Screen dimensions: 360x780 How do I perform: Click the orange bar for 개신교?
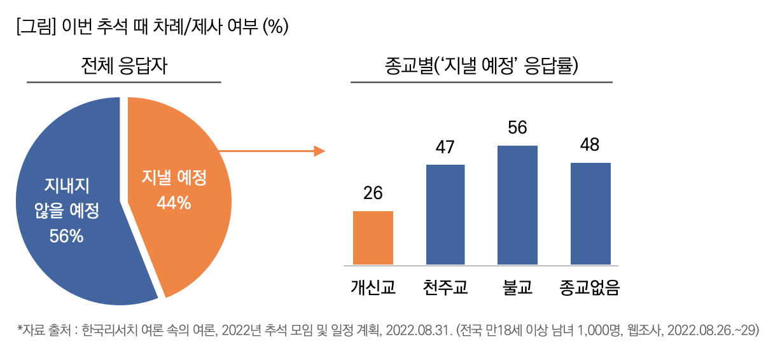click(373, 237)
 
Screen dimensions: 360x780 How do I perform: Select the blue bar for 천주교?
click(445, 214)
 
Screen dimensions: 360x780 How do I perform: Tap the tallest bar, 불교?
click(517, 205)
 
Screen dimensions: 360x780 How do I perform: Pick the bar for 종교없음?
click(590, 213)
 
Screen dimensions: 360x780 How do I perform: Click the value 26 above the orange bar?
click(373, 193)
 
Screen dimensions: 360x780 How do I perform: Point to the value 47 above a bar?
click(445, 147)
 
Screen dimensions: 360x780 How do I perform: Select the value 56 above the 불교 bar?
click(517, 128)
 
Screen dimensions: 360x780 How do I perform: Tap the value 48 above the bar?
click(590, 145)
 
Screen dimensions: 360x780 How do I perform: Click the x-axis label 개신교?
click(373, 287)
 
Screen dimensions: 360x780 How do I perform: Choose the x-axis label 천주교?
click(445, 287)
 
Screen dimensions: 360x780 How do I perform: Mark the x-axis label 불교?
click(517, 287)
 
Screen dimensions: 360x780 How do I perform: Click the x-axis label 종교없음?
click(590, 287)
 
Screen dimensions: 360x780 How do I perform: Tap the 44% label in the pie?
click(174, 203)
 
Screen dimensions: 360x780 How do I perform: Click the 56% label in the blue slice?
click(67, 236)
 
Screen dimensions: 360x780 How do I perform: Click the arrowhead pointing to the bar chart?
click(319, 151)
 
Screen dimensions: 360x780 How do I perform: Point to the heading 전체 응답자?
click(124, 66)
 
